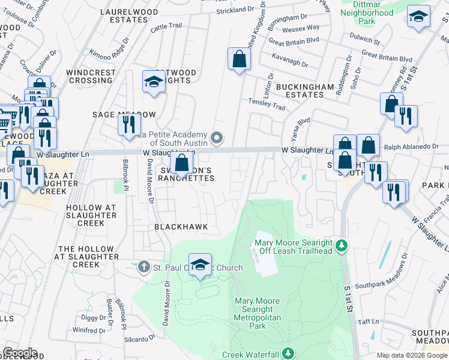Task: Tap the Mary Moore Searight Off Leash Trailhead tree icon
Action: [x=341, y=245]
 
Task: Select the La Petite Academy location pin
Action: [x=217, y=139]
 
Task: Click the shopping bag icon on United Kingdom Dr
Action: [x=239, y=59]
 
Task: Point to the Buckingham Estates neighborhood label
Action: [x=304, y=91]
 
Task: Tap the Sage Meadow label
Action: [x=124, y=114]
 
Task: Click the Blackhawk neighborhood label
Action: [x=181, y=227]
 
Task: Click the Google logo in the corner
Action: [x=19, y=353]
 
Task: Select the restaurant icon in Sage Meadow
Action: [x=129, y=124]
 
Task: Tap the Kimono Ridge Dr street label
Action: [x=109, y=54]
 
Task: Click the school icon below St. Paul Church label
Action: [x=200, y=265]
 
